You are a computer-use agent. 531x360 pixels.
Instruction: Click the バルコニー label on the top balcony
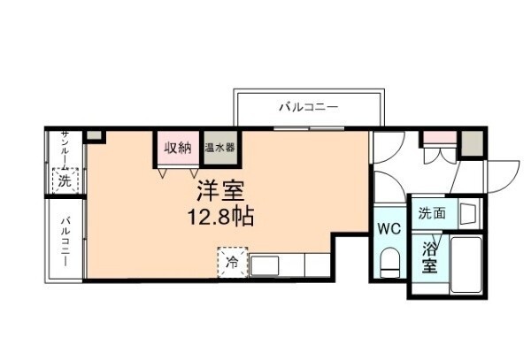click(x=309, y=107)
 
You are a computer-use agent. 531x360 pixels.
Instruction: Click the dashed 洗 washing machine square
click(x=64, y=180)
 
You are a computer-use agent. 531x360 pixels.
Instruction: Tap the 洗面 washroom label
click(x=432, y=213)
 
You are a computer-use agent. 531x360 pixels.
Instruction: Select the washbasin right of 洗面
click(x=466, y=213)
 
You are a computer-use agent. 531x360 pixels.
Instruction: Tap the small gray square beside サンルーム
click(x=95, y=136)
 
